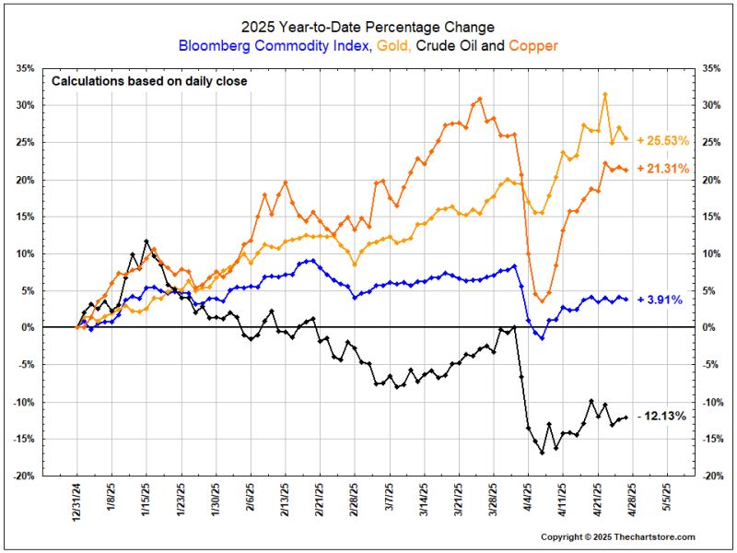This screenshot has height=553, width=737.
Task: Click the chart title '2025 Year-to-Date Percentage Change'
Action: (x=368, y=28)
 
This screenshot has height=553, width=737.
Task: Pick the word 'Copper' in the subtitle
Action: (x=533, y=45)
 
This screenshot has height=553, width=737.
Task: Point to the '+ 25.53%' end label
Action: (x=663, y=139)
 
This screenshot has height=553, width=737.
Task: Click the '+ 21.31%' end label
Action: (x=663, y=170)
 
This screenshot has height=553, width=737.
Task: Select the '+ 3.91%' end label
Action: (x=660, y=299)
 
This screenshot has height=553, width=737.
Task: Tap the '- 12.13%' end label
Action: (x=661, y=417)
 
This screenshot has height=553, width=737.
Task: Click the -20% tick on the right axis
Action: (x=711, y=476)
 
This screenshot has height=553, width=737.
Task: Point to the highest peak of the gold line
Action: (x=604, y=94)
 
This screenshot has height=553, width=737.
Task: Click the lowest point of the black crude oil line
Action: (x=542, y=453)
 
